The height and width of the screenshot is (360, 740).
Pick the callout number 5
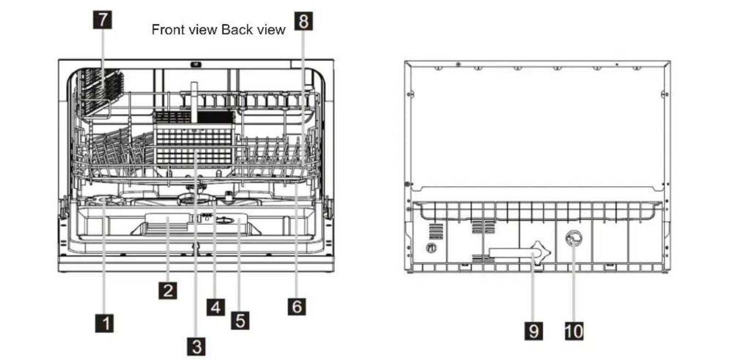tap(239, 320)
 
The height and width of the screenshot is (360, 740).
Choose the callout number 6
tap(296, 306)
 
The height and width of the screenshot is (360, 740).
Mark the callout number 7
tap(102, 20)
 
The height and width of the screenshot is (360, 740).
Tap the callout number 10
tap(573, 330)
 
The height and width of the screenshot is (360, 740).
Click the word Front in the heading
tap(167, 30)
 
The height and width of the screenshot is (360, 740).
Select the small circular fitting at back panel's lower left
tap(432, 248)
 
